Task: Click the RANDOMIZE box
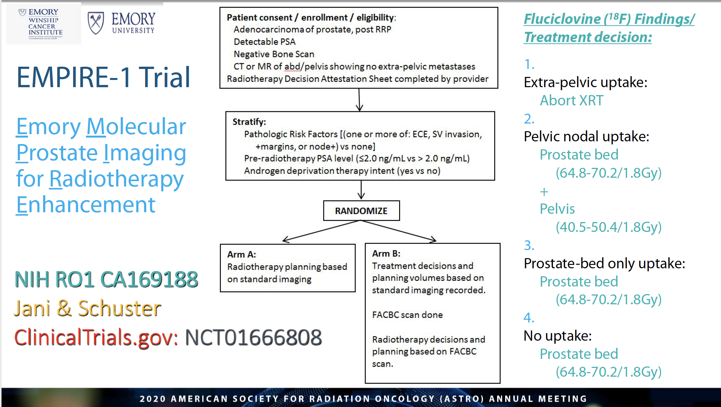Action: point(361,211)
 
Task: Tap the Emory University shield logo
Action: point(96,23)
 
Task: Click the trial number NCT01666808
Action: point(253,337)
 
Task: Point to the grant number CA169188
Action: point(149,280)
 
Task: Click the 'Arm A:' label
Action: point(242,254)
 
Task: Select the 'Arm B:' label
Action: point(386,253)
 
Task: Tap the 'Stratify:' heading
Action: point(249,122)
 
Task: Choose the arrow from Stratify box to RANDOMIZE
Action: point(361,190)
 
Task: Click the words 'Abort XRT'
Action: point(571,100)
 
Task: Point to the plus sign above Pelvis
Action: point(544,192)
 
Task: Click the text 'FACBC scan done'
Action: point(407,315)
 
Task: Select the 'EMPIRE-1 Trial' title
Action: point(103,77)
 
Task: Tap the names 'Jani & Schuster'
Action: point(87,308)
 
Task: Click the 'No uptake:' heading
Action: point(557,336)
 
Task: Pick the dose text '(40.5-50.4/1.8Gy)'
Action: point(608,227)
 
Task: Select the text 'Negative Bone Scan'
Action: point(274,54)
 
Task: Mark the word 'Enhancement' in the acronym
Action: point(86,205)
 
